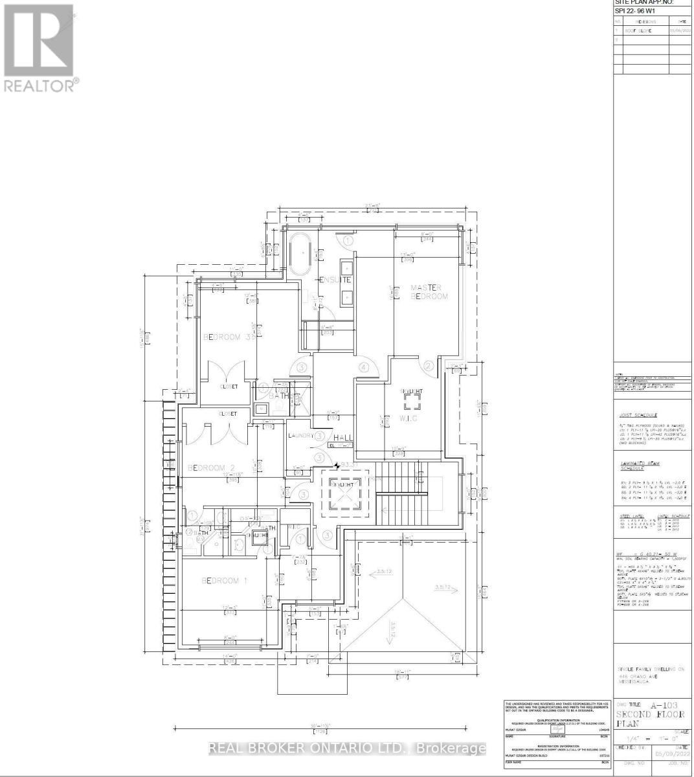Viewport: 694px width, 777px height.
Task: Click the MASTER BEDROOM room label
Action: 429,292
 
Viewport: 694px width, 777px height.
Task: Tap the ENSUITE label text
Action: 335,280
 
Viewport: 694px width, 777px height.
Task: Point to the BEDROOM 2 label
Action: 210,467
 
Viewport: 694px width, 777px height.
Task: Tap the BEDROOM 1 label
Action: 225,580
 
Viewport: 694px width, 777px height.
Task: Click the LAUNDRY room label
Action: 300,436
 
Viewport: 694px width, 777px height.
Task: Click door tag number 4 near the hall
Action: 364,367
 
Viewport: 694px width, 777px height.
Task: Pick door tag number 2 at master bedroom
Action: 428,365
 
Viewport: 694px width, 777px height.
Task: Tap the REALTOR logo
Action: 39,48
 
